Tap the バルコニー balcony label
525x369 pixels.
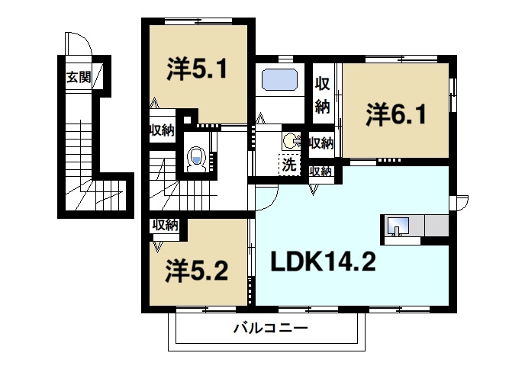point(269,329)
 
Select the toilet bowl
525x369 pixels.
point(196,159)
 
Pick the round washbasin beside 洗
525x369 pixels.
point(289,140)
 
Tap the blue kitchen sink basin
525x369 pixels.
point(399,226)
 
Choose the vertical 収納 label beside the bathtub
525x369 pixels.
point(322,95)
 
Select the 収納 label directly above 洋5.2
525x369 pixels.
point(164,225)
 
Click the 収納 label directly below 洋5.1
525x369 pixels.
point(161,130)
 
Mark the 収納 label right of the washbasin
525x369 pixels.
point(320,143)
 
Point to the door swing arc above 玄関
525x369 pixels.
point(77,44)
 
